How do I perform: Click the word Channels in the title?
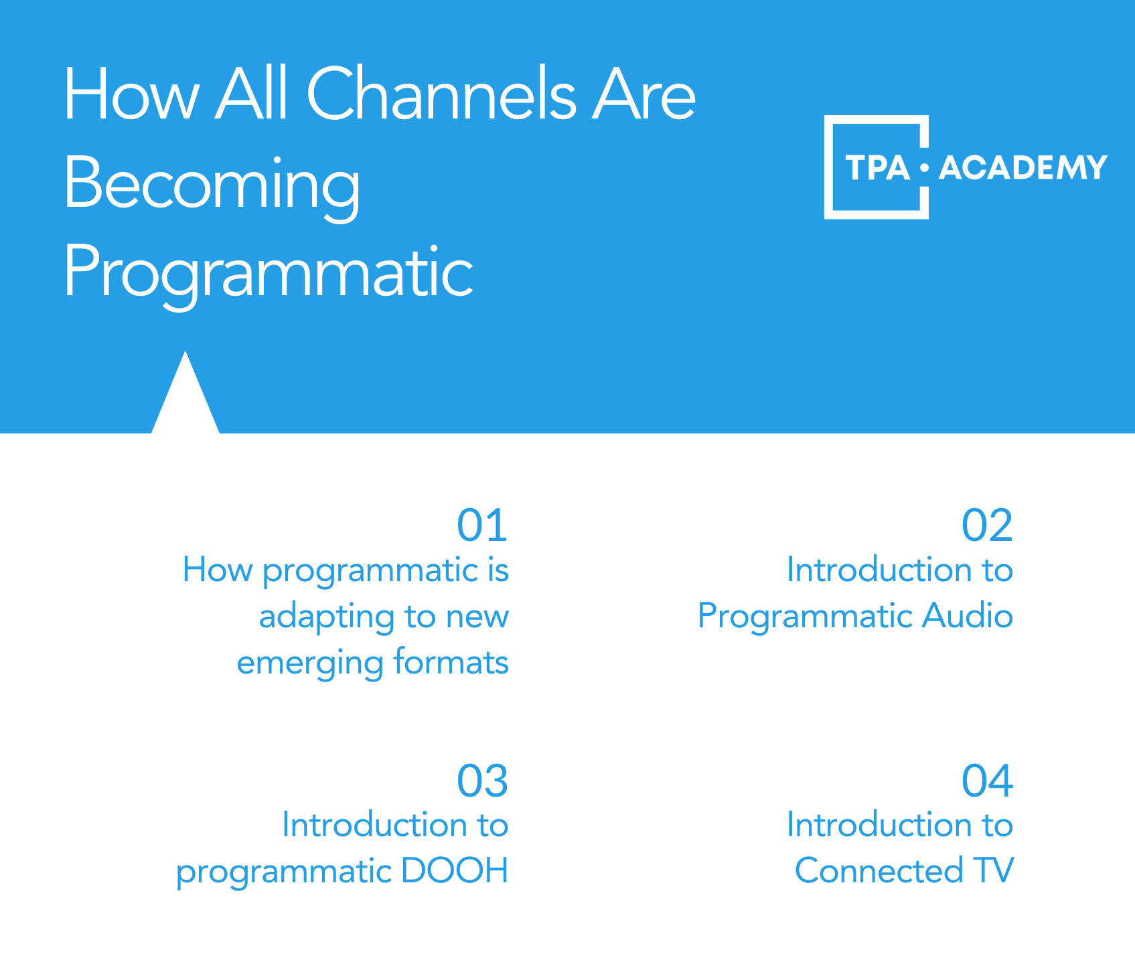441,94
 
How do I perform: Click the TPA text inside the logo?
877,167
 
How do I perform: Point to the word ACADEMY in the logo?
1023,167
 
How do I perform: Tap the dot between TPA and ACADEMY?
925,167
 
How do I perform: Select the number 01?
482,525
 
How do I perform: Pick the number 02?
987,525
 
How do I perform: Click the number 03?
482,781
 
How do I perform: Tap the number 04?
987,781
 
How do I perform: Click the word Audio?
968,615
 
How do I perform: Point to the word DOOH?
454,871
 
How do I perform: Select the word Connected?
879,871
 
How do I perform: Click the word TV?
994,871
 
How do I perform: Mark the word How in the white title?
131,94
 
